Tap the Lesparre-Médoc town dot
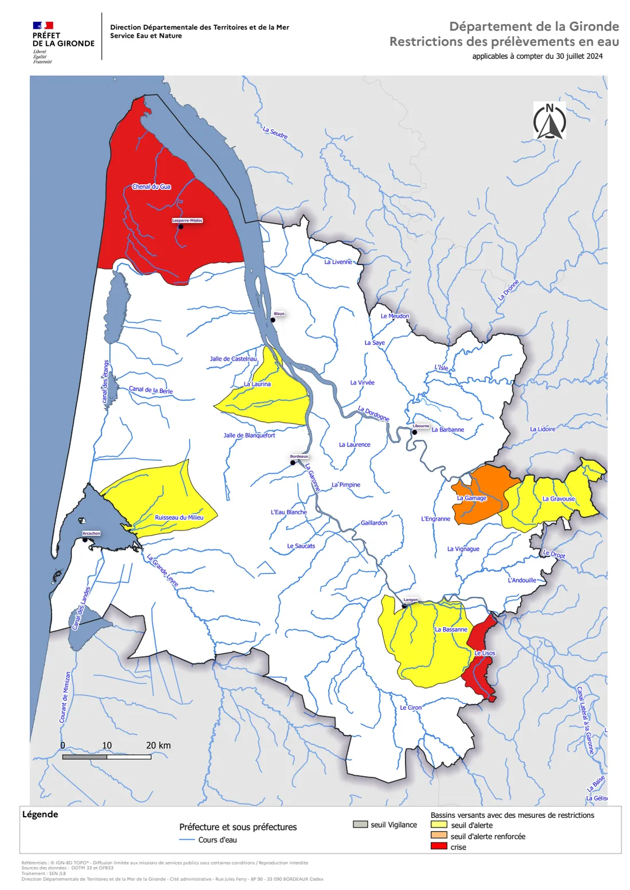[x=180, y=227]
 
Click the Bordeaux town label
[x=299, y=456]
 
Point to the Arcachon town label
[x=91, y=533]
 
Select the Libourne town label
[x=421, y=426]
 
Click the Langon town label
[x=411, y=600]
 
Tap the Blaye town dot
[x=273, y=320]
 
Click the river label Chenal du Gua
[x=151, y=187]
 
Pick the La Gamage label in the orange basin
[x=471, y=498]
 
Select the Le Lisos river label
[x=485, y=653]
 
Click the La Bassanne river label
[x=451, y=630]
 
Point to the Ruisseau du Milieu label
[x=179, y=517]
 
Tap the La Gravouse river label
[x=558, y=499]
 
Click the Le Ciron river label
[x=411, y=708]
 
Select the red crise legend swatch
[x=439, y=847]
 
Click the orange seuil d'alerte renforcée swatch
[x=439, y=836]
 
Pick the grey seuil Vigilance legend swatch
[x=360, y=824]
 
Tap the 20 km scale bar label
[x=158, y=745]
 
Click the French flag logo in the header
[x=43, y=25]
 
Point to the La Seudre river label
[x=275, y=133]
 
